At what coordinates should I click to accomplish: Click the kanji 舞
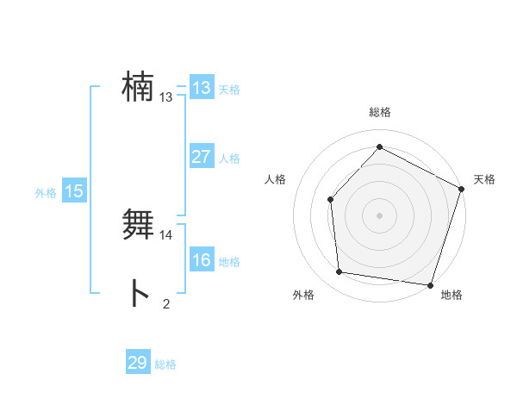tap(138, 225)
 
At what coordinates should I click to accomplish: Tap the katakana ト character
tap(138, 293)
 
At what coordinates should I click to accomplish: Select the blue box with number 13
tap(202, 88)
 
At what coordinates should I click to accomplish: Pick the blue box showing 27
tap(202, 157)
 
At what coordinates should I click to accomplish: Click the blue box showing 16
tap(202, 260)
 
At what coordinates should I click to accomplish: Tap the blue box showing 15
tap(74, 192)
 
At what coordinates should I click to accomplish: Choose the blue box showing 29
tap(138, 363)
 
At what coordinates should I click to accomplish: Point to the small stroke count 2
tap(166, 303)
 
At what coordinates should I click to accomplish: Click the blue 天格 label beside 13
tap(229, 90)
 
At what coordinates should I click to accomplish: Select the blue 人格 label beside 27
tap(229, 159)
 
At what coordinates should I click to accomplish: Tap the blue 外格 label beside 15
tap(46, 194)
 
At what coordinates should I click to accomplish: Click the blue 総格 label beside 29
tap(165, 364)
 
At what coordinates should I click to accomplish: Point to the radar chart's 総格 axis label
tap(379, 112)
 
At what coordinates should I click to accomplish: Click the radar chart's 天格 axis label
tap(484, 179)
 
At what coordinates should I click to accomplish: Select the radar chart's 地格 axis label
tap(452, 295)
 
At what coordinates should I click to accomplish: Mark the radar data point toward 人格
tap(331, 199)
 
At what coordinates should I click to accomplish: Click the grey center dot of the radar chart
tap(379, 215)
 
